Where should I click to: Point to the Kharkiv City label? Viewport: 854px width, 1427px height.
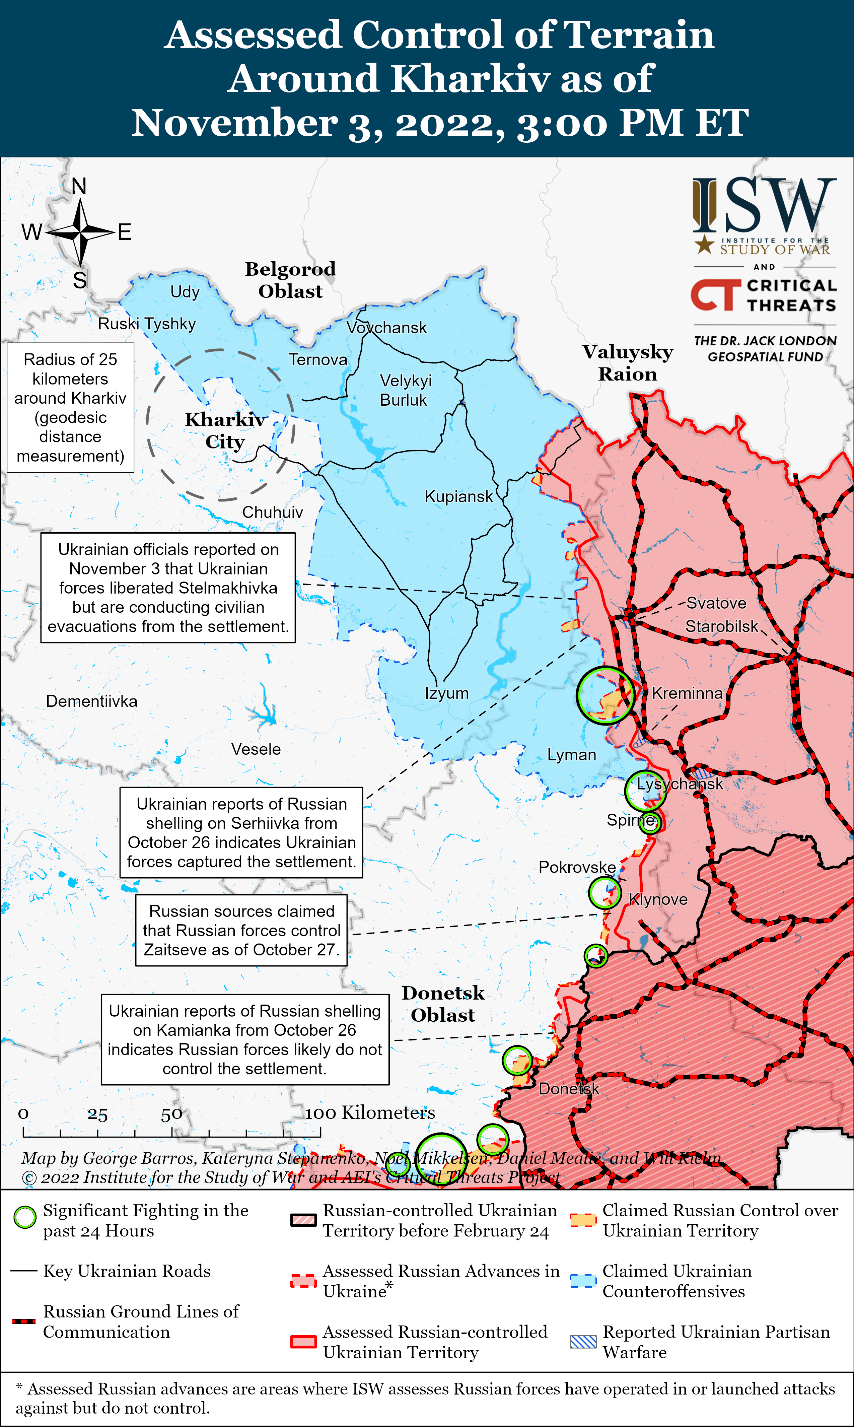coord(225,430)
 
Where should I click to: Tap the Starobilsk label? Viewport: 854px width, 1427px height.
coord(722,626)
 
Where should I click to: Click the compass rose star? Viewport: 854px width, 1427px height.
coord(81,232)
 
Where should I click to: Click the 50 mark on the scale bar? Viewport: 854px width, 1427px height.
coord(171,1115)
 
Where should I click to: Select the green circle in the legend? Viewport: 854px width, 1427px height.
coord(25,1217)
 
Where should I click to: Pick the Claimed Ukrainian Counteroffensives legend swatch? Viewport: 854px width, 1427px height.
coord(583,1280)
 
